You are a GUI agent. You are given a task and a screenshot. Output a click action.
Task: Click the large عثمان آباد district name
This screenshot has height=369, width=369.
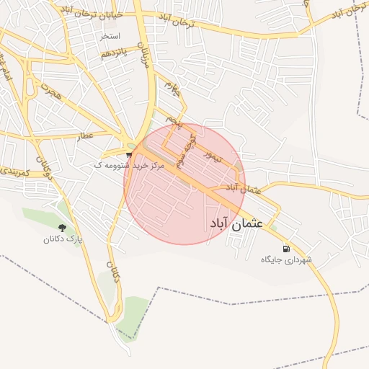click(x=237, y=223)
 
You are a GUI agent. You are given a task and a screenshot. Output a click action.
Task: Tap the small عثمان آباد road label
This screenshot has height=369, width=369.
click(x=241, y=188)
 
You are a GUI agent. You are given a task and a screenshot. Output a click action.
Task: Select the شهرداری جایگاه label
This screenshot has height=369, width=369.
click(x=286, y=259)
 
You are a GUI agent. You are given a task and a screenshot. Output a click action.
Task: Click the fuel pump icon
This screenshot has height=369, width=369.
click(x=287, y=246)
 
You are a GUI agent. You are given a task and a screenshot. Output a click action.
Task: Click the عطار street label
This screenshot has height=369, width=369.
click(x=86, y=135)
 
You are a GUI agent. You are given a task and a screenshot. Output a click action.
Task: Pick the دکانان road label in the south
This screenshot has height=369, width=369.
click(x=113, y=275)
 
